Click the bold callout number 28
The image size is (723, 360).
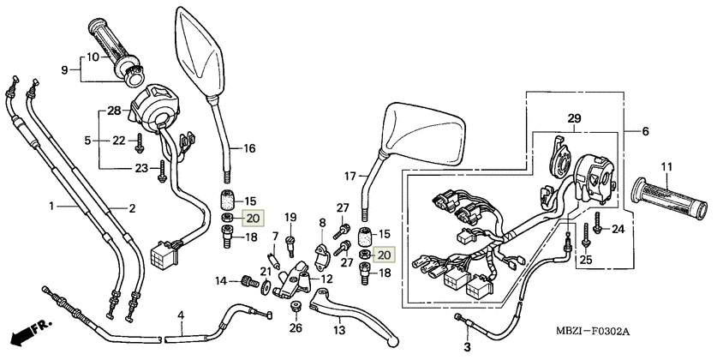[x=115, y=111]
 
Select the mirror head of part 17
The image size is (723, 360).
[x=422, y=138]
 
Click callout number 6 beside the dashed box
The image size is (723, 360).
[x=644, y=131]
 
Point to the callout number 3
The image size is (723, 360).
[x=467, y=346]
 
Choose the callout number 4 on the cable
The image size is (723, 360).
[x=181, y=315]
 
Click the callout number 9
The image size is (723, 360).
[x=63, y=69]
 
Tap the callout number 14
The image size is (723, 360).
[x=219, y=280]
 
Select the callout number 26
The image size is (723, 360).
[x=296, y=327]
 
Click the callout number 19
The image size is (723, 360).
[x=290, y=217]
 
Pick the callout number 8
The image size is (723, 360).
[x=322, y=223]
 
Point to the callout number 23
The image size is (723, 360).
[x=141, y=168]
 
